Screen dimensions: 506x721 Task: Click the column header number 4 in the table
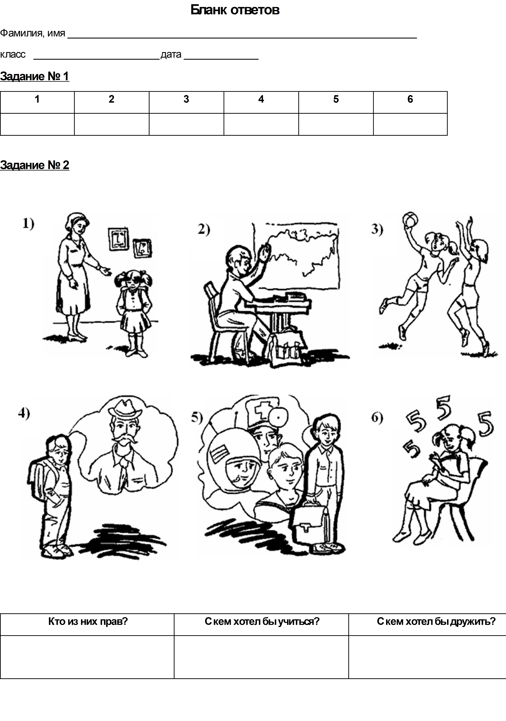tap(261, 99)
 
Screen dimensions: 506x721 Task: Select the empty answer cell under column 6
tap(410, 124)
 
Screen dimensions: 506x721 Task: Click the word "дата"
tap(171, 55)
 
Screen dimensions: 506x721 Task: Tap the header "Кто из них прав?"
tap(88, 621)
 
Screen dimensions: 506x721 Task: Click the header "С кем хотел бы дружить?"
tap(436, 621)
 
